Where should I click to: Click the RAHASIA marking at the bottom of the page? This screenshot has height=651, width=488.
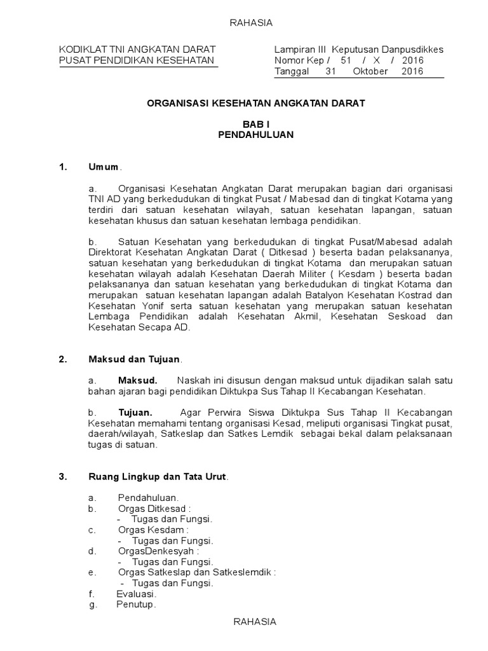click(x=254, y=622)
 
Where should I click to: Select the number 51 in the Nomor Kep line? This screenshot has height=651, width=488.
click(x=346, y=60)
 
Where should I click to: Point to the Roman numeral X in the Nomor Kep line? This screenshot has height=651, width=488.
click(x=384, y=60)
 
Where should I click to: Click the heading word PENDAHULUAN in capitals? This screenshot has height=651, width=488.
click(x=256, y=135)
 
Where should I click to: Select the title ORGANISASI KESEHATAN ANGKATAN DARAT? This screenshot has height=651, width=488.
click(x=256, y=102)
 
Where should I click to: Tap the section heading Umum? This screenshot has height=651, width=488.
click(x=104, y=167)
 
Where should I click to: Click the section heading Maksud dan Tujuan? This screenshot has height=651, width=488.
click(x=134, y=359)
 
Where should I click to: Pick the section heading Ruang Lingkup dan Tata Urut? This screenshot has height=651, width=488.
click(x=157, y=476)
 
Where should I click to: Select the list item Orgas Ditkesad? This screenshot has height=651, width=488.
click(x=153, y=509)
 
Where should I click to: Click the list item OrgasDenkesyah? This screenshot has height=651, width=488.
click(x=157, y=551)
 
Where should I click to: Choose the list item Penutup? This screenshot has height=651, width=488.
click(x=135, y=605)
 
